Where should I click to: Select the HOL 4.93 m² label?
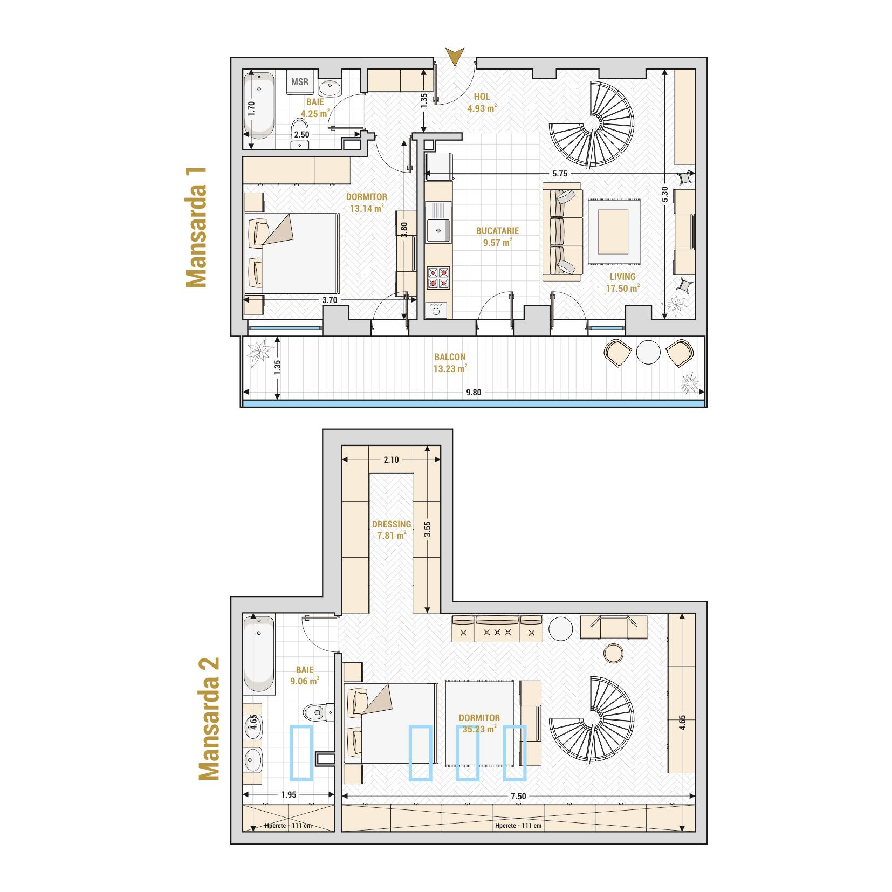click(482, 102)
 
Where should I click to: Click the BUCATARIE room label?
click(497, 231)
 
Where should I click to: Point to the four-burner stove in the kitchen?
click(438, 278)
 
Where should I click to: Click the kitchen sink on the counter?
click(438, 222)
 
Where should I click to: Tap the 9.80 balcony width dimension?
click(473, 392)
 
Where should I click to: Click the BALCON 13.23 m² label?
click(450, 363)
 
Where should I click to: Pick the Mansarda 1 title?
click(196, 227)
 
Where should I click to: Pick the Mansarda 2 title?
click(209, 718)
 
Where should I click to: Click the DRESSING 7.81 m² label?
click(392, 530)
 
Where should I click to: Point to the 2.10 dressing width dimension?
click(391, 459)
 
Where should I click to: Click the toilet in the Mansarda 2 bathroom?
click(315, 713)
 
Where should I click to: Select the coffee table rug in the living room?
click(614, 231)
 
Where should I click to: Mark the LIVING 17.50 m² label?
click(622, 283)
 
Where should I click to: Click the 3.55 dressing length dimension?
click(427, 529)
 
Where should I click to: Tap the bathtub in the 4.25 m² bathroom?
click(259, 107)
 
